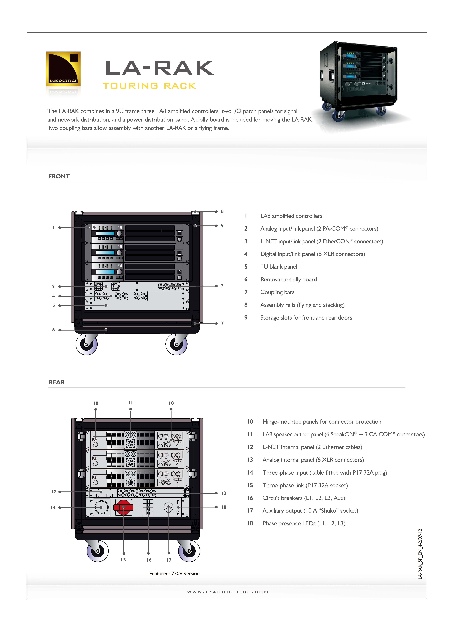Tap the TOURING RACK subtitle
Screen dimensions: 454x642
click(149, 86)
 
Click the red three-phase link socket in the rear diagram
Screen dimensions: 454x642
click(123, 507)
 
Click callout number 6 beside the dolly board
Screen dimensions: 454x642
click(53, 330)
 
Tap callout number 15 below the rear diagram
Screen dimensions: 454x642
click(123, 560)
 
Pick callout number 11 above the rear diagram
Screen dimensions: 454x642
click(130, 403)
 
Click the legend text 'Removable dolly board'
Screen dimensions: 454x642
click(289, 279)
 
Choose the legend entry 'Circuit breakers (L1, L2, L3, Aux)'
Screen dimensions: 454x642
click(304, 498)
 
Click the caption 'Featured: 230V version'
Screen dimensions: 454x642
click(174, 573)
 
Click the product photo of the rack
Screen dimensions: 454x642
click(359, 84)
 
